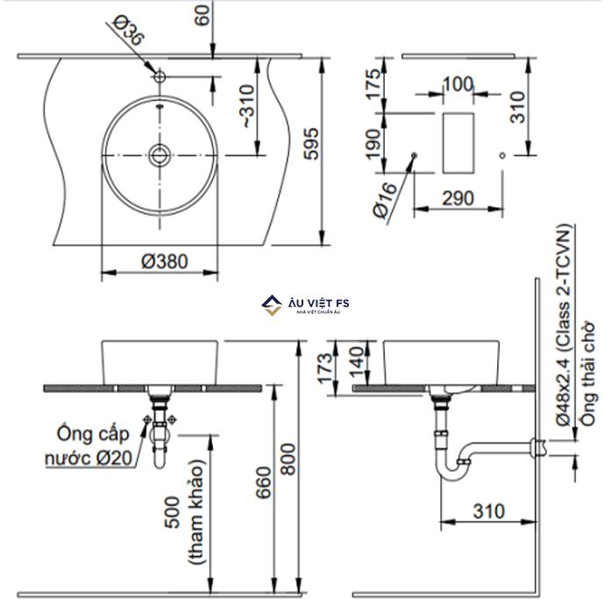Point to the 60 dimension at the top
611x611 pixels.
203,16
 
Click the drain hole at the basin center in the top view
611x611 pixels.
159,156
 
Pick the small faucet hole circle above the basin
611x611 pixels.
159,77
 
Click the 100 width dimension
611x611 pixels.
457,85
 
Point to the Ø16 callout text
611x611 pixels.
383,202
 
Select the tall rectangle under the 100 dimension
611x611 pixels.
458,143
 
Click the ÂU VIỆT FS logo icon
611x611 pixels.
271,305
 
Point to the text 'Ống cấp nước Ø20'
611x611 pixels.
92,445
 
